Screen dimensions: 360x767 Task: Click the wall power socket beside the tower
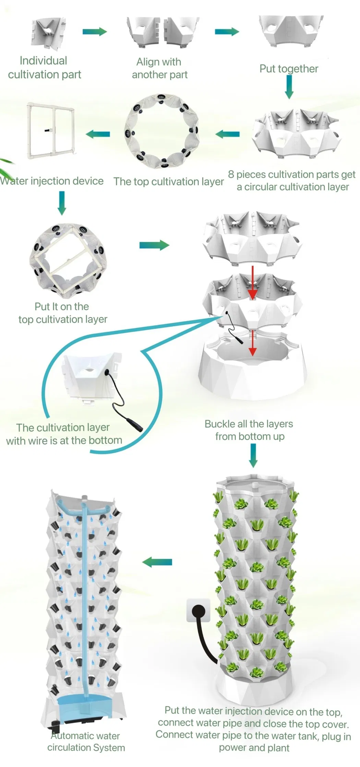tap(198, 610)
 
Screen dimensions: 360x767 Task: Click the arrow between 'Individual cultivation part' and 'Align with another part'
tap(95, 32)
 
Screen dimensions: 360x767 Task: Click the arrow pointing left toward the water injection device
tap(98, 134)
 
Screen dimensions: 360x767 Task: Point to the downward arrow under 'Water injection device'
tap(62, 203)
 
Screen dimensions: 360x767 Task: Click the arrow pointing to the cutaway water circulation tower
tap(157, 562)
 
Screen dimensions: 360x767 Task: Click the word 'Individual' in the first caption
tap(43, 61)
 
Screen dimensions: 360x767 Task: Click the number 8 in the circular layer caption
tap(231, 174)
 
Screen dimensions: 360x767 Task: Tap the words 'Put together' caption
tap(289, 69)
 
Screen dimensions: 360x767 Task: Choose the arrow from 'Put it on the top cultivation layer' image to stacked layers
tap(154, 245)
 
